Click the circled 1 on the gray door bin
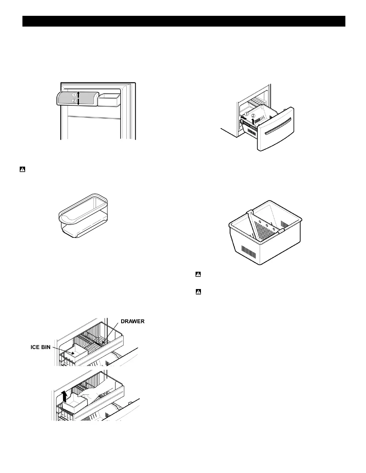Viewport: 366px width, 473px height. point(74,94)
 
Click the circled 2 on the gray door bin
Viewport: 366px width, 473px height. point(74,101)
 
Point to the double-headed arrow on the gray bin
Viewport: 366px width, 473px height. point(78,98)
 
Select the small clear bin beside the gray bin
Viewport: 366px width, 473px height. point(109,99)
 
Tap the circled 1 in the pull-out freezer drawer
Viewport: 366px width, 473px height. point(246,114)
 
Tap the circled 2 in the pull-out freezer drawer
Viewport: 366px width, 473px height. point(253,115)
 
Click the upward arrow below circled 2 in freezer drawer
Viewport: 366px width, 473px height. point(253,121)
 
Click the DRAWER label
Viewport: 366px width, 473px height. point(132,321)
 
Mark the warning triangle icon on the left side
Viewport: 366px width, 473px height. point(22,170)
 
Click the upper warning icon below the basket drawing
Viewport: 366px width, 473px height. point(198,274)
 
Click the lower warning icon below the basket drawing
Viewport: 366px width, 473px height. point(198,292)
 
